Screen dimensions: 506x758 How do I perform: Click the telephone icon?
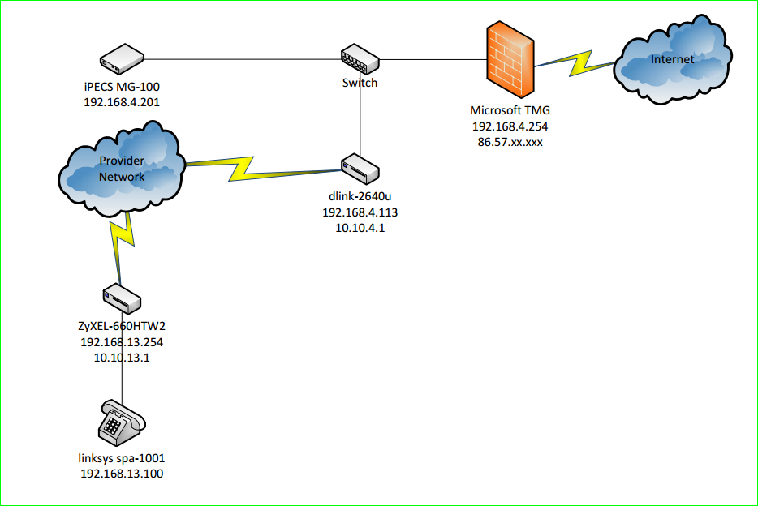point(120,422)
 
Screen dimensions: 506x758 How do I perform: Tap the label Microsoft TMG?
point(510,111)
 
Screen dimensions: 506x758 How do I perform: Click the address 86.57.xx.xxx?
point(510,142)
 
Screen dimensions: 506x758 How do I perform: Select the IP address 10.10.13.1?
point(122,357)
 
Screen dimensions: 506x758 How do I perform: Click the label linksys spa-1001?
point(122,458)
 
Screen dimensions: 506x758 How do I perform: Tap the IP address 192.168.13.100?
point(122,474)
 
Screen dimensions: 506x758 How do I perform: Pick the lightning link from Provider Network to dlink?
point(260,168)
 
